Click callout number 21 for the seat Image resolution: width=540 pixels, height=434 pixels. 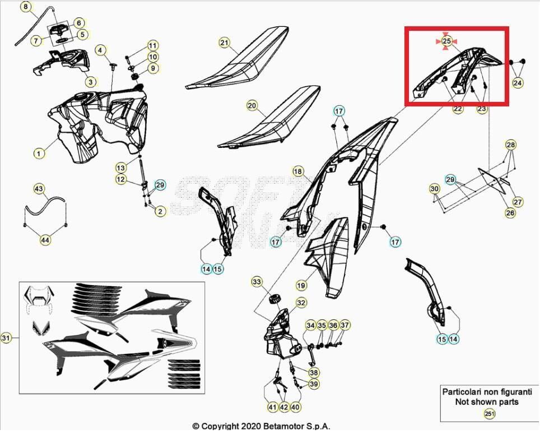[x=225, y=43]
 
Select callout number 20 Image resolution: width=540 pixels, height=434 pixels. [x=252, y=105]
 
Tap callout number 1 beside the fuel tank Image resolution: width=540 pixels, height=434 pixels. [x=39, y=152]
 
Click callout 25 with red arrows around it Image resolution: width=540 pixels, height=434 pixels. [x=446, y=41]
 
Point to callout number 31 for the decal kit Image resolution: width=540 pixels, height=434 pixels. [x=6, y=338]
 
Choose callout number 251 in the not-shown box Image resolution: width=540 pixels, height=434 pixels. [x=490, y=414]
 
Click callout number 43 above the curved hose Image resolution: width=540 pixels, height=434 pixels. [x=39, y=189]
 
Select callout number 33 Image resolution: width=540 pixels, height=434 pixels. [x=257, y=281]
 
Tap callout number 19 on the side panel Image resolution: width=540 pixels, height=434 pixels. [x=301, y=286]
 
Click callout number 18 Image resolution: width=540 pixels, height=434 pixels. [x=297, y=171]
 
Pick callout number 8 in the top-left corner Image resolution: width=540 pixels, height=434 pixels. [x=26, y=7]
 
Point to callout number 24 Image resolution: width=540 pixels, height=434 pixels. [x=518, y=82]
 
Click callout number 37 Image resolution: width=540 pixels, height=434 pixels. [x=345, y=325]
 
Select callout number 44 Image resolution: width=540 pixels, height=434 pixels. [x=45, y=240]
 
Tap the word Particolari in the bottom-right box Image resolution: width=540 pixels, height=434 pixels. [x=462, y=392]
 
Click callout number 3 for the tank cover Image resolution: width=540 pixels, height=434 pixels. [x=90, y=81]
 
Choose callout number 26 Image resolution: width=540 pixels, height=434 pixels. [x=510, y=213]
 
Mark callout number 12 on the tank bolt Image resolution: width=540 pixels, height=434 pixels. [x=121, y=179]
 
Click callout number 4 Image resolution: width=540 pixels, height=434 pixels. [x=100, y=50]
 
